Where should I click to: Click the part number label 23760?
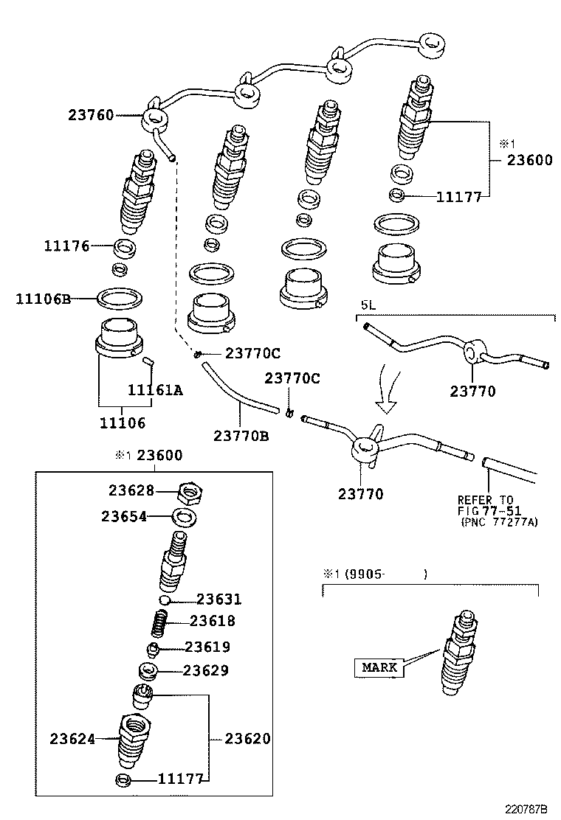tap(91, 115)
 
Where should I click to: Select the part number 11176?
tap(66, 246)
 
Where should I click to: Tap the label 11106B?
tap(44, 299)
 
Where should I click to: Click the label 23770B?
tap(241, 436)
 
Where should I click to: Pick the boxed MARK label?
tap(379, 667)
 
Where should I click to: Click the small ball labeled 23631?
tap(166, 601)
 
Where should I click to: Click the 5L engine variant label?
tap(368, 305)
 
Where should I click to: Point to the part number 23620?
tap(247, 738)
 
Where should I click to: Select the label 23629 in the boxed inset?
tap(206, 671)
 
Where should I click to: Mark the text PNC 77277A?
tap(500, 522)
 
